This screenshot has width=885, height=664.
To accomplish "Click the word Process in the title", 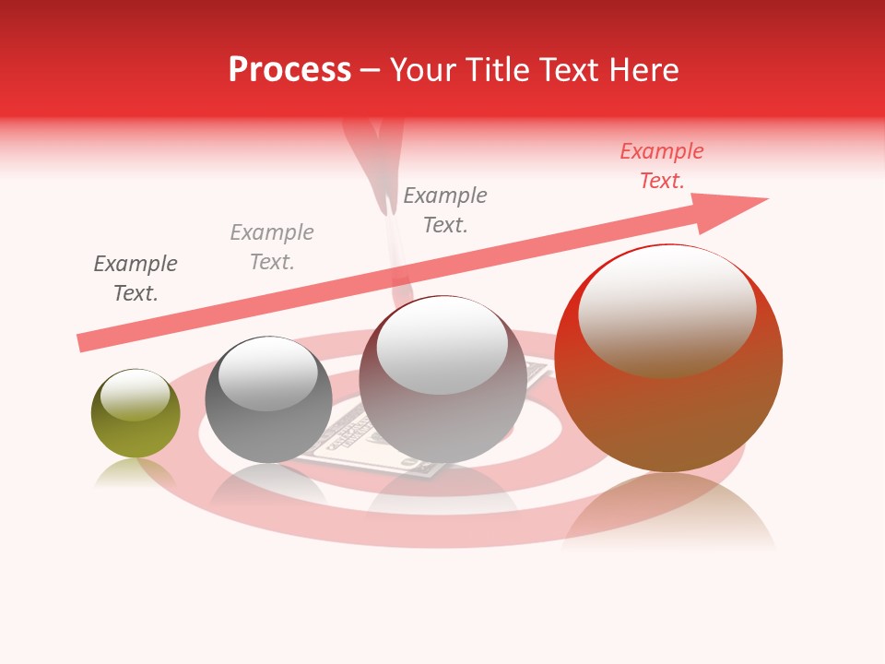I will pyautogui.click(x=289, y=70).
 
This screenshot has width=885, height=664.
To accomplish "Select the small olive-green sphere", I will pyautogui.click(x=136, y=424).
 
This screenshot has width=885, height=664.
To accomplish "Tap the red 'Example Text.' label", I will pyautogui.click(x=662, y=166).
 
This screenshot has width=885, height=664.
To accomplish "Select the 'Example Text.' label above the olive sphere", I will pyautogui.click(x=136, y=279).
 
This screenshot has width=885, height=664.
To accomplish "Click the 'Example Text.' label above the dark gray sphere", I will pyautogui.click(x=272, y=247).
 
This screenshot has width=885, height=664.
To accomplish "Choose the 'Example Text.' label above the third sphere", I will pyautogui.click(x=445, y=210).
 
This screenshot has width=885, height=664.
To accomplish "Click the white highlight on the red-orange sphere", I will pyautogui.click(x=667, y=309).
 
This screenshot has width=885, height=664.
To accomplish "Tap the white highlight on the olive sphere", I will pyautogui.click(x=135, y=395).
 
